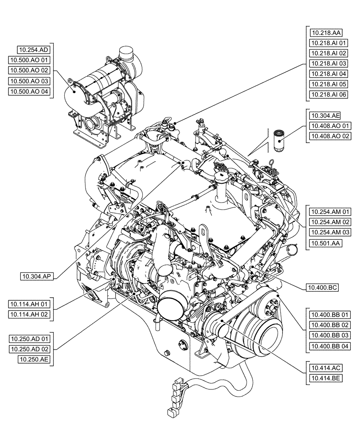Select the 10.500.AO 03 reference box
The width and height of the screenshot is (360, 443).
[29, 81]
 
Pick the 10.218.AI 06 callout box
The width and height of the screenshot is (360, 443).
[329, 94]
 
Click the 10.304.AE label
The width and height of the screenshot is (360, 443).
[325, 116]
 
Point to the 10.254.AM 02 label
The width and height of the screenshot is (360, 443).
[330, 222]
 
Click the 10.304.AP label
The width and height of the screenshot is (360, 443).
[37, 277]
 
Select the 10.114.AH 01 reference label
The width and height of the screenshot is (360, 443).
[29, 304]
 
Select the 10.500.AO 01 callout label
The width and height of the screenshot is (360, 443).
[29, 60]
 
